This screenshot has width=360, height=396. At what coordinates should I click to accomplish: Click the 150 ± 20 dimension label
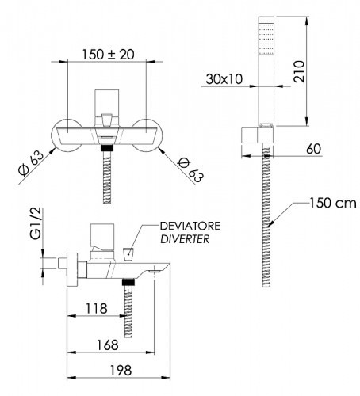[x=108, y=55]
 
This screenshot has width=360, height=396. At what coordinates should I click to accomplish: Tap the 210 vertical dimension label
[x=299, y=71]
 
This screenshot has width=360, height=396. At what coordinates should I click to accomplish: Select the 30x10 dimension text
[x=224, y=79]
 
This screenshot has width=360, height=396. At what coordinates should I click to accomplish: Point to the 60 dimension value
[x=314, y=149]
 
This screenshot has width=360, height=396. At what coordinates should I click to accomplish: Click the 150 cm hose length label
[x=333, y=203]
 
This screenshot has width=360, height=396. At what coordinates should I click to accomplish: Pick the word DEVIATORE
[x=190, y=226]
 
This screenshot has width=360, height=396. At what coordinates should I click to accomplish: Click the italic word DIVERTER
[x=185, y=239]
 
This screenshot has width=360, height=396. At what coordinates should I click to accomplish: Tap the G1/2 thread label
[x=36, y=223]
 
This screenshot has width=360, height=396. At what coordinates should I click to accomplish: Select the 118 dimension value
[x=96, y=309]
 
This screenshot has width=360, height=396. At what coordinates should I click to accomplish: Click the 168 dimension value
[x=108, y=345]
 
